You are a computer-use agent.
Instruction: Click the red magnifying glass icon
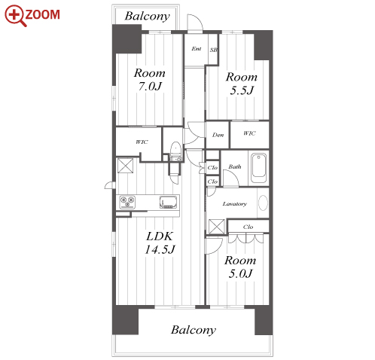click(x=15, y=16)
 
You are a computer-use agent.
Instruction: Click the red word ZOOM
click(x=43, y=14)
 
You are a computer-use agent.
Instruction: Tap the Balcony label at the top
click(x=148, y=17)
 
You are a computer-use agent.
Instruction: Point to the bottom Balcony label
click(x=194, y=330)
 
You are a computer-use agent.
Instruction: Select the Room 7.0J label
click(x=150, y=80)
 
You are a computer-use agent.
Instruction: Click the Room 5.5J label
click(x=242, y=84)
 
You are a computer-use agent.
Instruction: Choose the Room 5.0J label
click(x=240, y=267)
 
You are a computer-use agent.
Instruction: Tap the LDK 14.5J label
click(x=160, y=243)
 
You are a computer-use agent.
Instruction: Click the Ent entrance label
click(x=197, y=49)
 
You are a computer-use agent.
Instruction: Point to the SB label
click(x=213, y=50)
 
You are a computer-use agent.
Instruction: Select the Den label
click(x=218, y=135)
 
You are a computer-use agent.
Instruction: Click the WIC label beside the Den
click(x=249, y=133)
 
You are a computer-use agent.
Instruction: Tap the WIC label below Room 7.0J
click(x=142, y=142)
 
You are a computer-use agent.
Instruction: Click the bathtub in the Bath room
click(x=258, y=168)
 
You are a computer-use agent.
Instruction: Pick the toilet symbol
click(x=175, y=151)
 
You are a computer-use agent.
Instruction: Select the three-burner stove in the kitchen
click(x=127, y=202)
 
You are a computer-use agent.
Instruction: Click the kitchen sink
click(x=169, y=202)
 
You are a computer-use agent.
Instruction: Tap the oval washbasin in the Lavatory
click(x=263, y=203)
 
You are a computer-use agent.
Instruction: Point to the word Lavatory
click(x=235, y=204)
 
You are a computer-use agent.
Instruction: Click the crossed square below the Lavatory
click(x=217, y=227)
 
